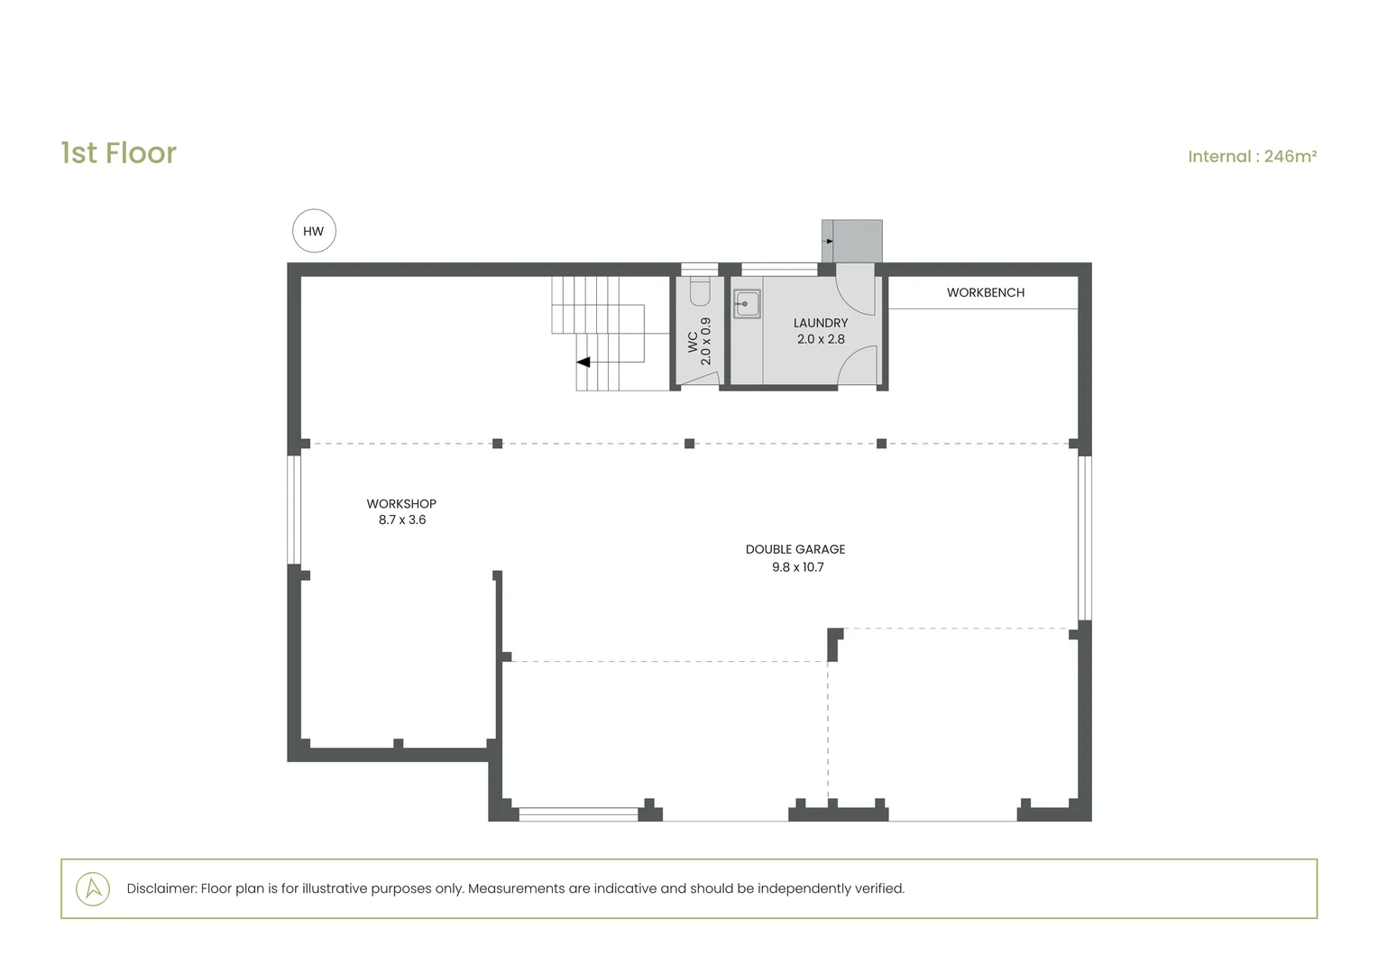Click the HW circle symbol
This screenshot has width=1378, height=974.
[314, 231]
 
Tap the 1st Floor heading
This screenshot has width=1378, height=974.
[119, 152]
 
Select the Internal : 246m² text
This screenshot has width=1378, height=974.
[1252, 156]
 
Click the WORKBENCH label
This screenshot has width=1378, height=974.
[986, 293]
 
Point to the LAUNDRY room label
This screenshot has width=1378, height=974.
[821, 323]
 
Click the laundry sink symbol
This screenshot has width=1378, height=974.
[747, 304]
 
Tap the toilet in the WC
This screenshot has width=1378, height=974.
[700, 290]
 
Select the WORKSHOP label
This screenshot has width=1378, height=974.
[401, 504]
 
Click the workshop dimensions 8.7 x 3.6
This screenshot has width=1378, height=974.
[402, 520]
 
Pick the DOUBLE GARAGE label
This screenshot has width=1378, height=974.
[795, 549]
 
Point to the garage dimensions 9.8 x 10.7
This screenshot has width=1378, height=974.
[798, 567]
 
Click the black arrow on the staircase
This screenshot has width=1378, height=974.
[583, 362]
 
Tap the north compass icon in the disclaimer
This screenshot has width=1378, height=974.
[93, 888]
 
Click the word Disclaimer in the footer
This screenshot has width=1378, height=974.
[161, 888]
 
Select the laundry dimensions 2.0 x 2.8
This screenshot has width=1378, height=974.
[821, 339]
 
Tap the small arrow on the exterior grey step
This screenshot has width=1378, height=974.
[829, 241]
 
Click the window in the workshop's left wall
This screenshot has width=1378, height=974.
[294, 510]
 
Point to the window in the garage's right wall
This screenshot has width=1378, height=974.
[1085, 538]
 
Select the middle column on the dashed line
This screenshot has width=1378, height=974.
[690, 444]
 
